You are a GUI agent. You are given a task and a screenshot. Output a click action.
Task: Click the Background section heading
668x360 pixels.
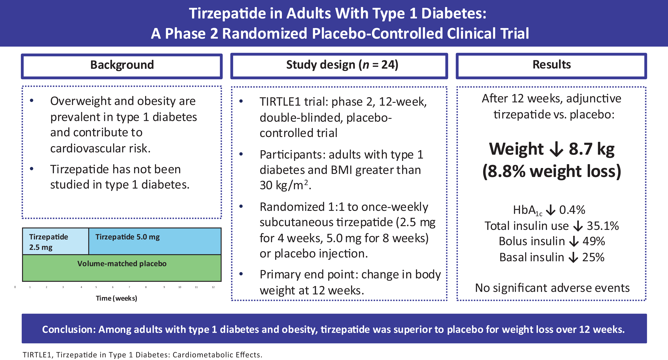(122, 65)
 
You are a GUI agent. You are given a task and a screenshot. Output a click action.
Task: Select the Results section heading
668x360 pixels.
(552, 65)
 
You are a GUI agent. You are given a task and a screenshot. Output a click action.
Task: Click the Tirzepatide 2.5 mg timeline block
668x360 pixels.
(55, 242)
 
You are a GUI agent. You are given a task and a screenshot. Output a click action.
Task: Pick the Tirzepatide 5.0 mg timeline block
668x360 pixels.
(155, 242)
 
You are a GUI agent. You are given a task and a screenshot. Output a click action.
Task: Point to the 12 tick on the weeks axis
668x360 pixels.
(213, 287)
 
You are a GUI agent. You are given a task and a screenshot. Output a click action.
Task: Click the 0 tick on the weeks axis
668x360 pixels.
(15, 287)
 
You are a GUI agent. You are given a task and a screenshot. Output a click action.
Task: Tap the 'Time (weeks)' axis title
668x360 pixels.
(116, 298)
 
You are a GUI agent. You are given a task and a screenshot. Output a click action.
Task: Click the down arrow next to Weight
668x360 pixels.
(556, 150)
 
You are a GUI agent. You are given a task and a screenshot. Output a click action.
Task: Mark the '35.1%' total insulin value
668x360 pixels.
(603, 226)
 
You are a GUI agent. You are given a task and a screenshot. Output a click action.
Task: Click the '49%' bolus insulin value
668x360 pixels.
(594, 241)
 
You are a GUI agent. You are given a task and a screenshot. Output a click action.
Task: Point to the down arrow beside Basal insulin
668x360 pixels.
(573, 257)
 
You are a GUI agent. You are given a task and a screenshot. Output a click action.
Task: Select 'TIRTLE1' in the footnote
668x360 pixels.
(38, 355)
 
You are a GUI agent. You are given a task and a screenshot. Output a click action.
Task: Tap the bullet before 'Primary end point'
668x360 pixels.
(241, 274)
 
